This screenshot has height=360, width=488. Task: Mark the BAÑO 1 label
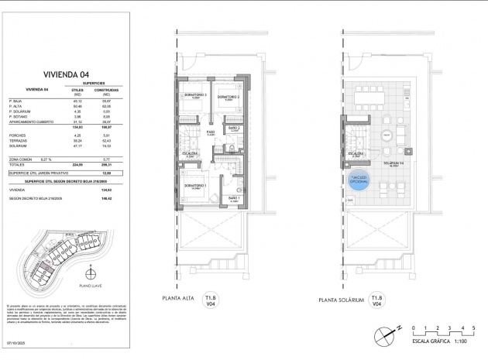coord(234,198)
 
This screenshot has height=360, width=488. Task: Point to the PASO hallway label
coord(209,132)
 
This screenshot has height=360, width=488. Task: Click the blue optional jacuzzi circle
coord(358,182)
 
